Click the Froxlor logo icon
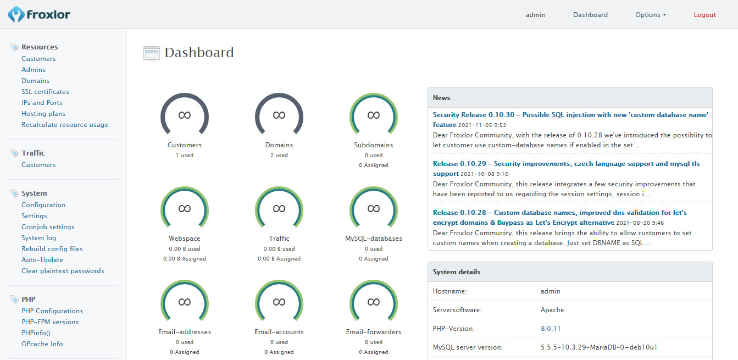pos(16,14)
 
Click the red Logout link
pos(704,15)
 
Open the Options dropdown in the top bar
pos(651,15)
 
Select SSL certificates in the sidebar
pos(45,92)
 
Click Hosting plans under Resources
pos(43,114)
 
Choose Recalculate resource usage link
pos(65,125)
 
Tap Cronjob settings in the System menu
pos(48,227)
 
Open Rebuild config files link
pos(52,249)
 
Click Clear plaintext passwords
pos(63,271)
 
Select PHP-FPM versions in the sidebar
pos(50,322)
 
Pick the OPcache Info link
pos(42,344)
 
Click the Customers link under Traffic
pos(38,165)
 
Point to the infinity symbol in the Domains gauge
pos(279,115)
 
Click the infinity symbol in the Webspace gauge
pos(185,209)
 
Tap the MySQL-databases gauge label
pos(374,239)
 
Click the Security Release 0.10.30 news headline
pos(570,119)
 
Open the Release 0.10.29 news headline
pos(566,169)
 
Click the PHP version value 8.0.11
pos(551,329)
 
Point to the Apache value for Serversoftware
pos(552,310)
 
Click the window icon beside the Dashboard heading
pos(152,53)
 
